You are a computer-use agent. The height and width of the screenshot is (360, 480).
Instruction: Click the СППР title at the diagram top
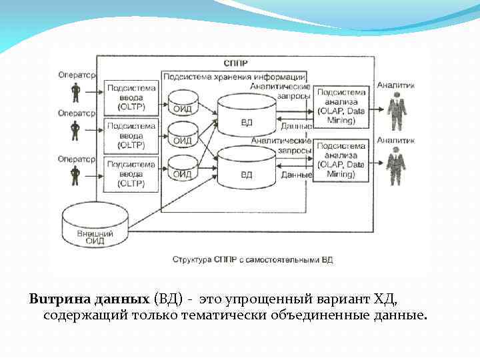[x=237, y=64]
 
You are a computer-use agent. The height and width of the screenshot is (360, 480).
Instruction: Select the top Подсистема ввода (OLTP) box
[x=131, y=97]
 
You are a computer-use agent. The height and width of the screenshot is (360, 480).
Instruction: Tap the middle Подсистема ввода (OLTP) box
[x=131, y=135]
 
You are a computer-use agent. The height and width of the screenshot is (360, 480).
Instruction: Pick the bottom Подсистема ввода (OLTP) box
[x=131, y=173]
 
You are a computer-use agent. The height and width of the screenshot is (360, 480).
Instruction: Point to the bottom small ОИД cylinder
[x=183, y=167]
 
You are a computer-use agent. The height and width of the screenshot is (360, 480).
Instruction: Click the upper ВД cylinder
[x=247, y=115]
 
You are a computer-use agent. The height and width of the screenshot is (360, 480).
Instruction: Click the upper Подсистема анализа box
[x=341, y=106]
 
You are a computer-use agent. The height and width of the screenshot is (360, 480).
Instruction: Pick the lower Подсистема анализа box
[x=341, y=159]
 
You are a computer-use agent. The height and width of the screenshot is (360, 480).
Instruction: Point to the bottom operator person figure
[x=75, y=175]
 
